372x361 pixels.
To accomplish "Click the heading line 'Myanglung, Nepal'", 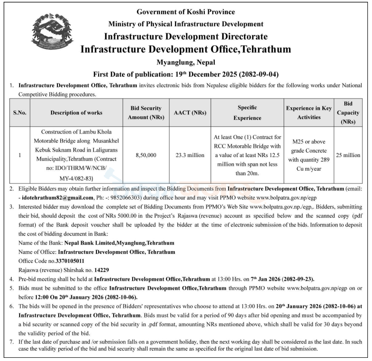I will [186, 62].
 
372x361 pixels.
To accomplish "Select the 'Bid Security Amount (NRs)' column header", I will [146, 113].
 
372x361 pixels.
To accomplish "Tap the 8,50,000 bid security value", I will [146, 155].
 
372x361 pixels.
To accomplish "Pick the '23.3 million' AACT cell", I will [190, 155].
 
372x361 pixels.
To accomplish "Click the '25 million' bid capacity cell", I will [348, 155].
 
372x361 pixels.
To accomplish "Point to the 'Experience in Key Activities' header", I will [309, 113].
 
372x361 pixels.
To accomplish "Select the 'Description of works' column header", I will [76, 113].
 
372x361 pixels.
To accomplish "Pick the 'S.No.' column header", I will [20, 113].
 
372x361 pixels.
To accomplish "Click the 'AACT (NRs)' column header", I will [190, 113].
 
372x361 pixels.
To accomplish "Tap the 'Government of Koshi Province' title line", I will [186, 11].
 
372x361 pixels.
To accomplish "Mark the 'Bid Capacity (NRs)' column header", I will [348, 113].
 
